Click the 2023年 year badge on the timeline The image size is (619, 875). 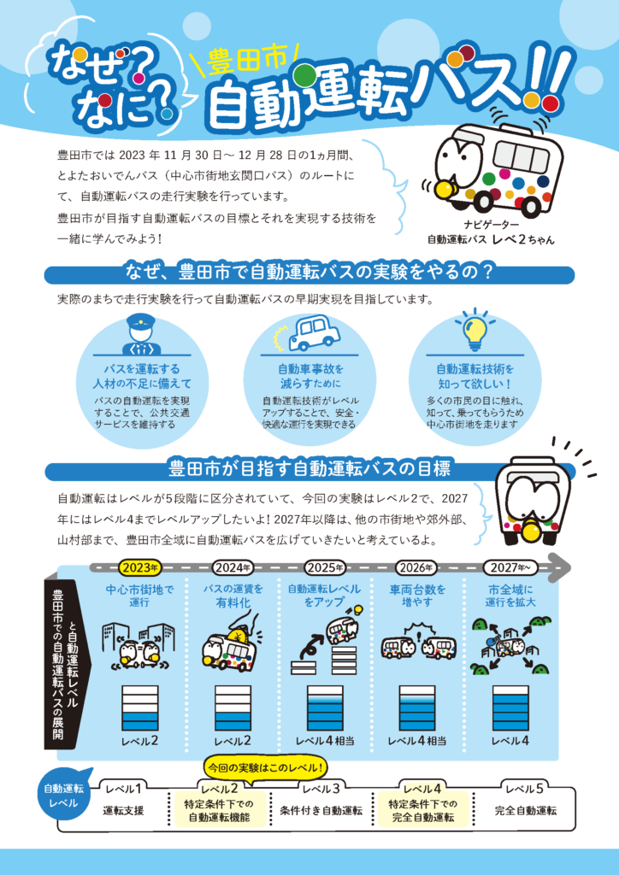coord(139,568)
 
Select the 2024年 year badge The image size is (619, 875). coord(232,568)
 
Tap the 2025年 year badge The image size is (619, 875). coord(324,568)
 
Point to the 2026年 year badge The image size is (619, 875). coord(416,568)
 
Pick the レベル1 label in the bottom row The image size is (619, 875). coord(123,789)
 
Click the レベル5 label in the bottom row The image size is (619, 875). coord(524,789)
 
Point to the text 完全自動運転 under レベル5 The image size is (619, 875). coord(525,811)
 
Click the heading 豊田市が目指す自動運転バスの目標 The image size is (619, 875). coord(309,469)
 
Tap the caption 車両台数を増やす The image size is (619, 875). coord(416,596)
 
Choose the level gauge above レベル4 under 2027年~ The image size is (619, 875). coord(510,708)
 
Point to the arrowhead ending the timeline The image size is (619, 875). coord(560,567)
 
